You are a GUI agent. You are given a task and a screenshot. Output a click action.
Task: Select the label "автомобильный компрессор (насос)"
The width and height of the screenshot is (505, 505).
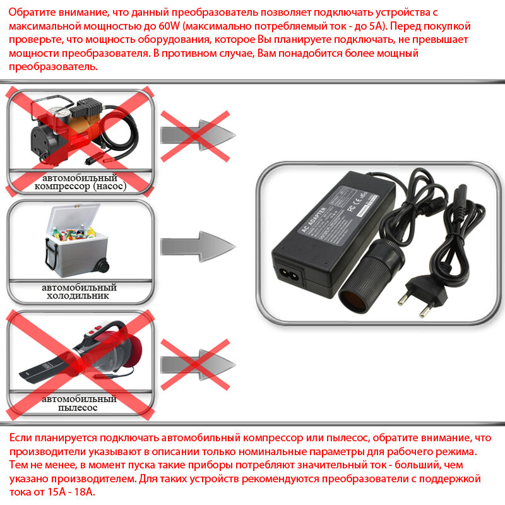[80, 182]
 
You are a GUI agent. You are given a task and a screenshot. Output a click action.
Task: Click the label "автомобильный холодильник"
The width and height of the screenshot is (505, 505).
[80, 291]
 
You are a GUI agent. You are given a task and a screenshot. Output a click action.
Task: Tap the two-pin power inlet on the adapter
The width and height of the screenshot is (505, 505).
[287, 275]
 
